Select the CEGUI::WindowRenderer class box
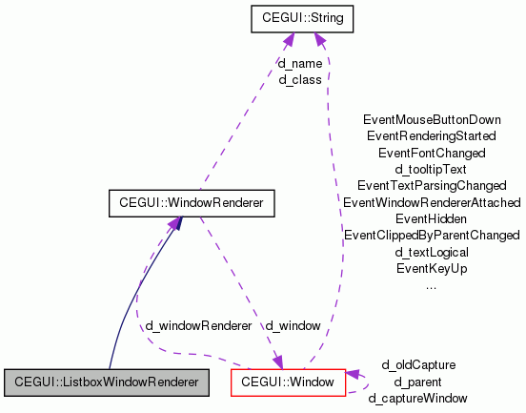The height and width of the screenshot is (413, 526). click(x=191, y=203)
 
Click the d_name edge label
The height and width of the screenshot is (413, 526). click(x=300, y=64)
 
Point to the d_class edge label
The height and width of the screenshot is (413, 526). click(x=300, y=80)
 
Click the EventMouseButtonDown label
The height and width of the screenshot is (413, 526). click(x=432, y=120)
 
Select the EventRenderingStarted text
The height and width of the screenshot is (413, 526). click(x=432, y=136)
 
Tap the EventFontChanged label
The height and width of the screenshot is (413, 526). click(x=432, y=153)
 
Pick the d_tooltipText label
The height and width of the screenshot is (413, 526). click(x=432, y=169)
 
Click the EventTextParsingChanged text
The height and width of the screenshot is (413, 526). click(x=432, y=185)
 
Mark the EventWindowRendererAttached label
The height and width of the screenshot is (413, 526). click(x=432, y=202)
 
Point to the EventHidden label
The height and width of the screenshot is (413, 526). click(x=432, y=218)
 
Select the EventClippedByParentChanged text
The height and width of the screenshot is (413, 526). click(x=432, y=235)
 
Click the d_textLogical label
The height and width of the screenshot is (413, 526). click(x=432, y=252)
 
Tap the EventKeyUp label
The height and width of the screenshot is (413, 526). click(x=432, y=268)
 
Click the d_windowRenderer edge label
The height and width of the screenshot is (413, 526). click(x=198, y=325)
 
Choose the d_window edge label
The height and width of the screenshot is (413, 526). click(x=293, y=325)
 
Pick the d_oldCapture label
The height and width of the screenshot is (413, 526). click(x=418, y=364)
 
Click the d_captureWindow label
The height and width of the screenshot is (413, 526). click(x=418, y=398)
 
